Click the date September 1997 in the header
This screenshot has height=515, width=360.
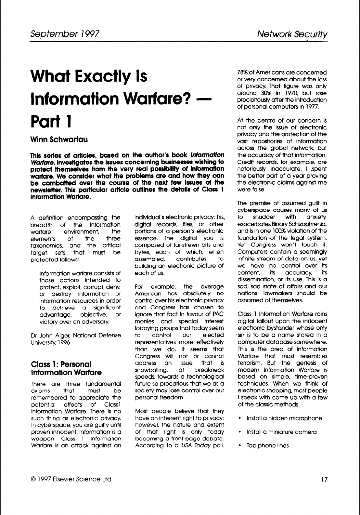point(64,34)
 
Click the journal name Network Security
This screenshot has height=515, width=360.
point(291,34)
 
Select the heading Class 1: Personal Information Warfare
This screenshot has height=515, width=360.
point(66,367)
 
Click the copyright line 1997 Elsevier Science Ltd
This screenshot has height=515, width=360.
point(71,479)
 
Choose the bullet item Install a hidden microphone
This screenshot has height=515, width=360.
point(284,418)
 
